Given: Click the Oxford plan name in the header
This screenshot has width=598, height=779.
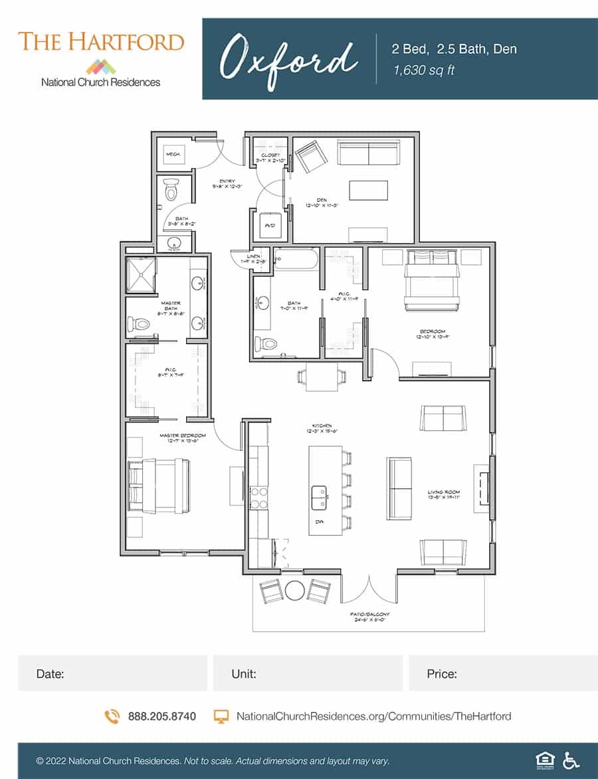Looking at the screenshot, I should [288, 58].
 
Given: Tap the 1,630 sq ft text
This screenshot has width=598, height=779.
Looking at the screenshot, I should [425, 70].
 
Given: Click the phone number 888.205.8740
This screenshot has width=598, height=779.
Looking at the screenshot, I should [161, 716].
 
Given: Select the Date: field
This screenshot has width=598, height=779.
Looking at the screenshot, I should [112, 673].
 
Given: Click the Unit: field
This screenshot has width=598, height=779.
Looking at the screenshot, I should [307, 673].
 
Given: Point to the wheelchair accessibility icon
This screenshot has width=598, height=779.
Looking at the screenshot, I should [570, 760].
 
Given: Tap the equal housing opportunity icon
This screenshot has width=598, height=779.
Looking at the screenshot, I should [543, 760].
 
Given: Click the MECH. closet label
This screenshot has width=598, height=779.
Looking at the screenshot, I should [173, 155].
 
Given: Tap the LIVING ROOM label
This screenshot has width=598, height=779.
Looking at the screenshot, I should [444, 493].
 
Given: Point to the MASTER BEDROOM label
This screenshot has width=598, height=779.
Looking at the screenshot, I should [182, 436].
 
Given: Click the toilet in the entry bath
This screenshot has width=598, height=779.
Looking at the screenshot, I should [171, 190].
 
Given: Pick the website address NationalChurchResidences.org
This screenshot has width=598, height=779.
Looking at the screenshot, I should [373, 716].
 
